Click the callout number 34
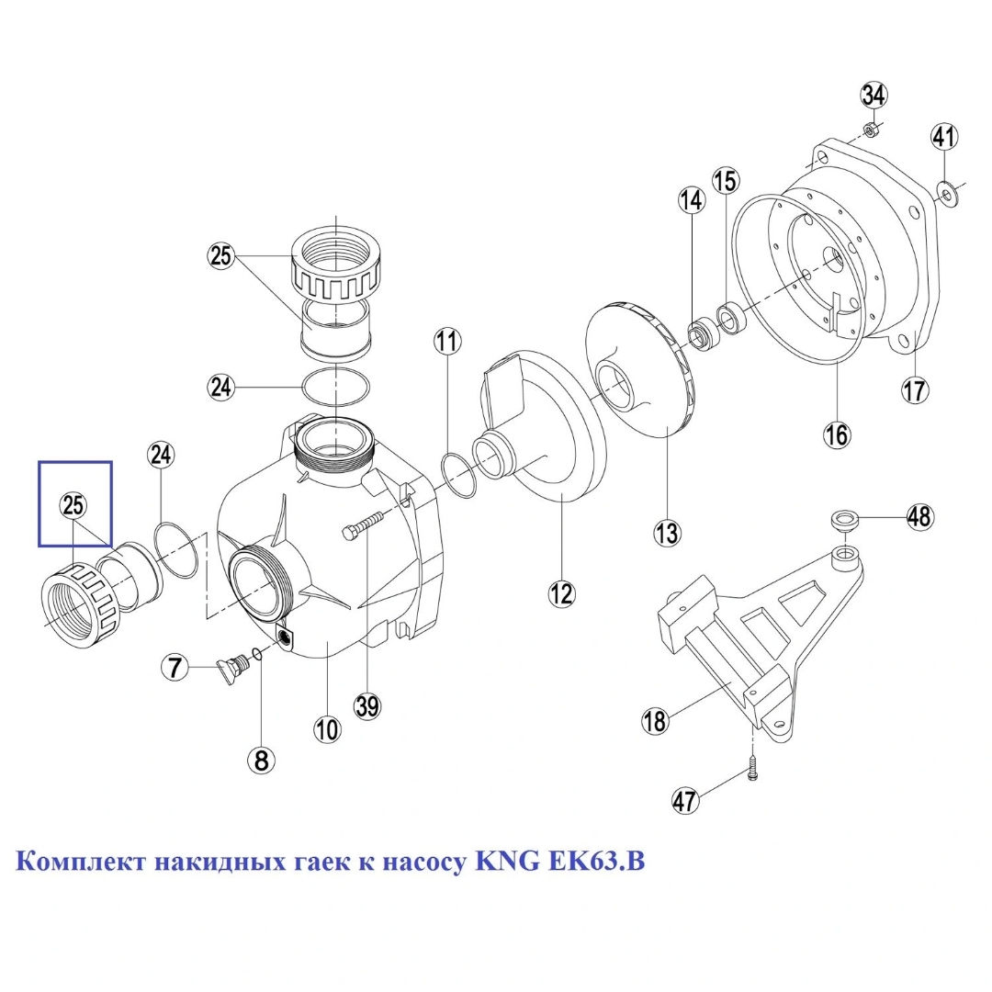pos(874,96)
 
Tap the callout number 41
pos(944,137)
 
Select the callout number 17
pos(915,390)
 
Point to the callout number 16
pos(837,434)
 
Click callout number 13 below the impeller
pos(667,533)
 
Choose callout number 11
pos(447,342)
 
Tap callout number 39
pos(367,706)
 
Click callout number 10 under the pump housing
pos(327,730)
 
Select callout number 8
pos(261,760)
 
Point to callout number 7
pos(175,667)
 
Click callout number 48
pos(919,516)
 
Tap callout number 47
pos(684,801)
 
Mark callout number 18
pos(656,721)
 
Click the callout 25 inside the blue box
pos(73,505)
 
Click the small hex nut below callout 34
pos(871,131)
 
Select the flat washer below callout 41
pos(945,190)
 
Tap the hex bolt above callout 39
pos(363,525)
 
